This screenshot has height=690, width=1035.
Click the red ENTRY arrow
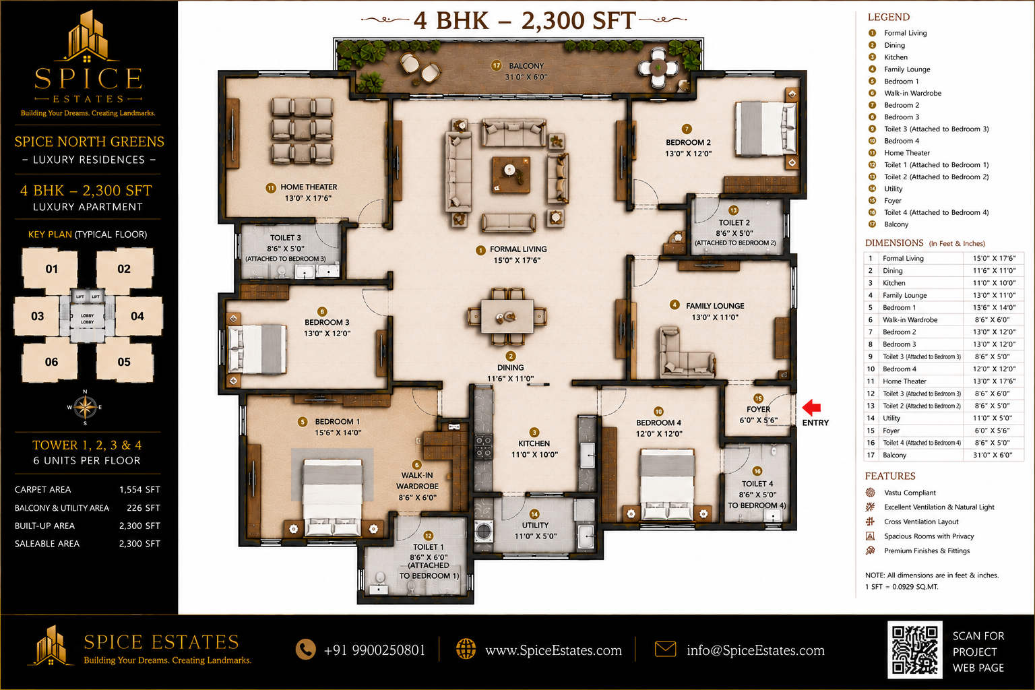tap(811, 407)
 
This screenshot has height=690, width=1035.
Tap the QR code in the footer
tap(914, 650)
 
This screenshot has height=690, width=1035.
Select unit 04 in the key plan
tap(137, 316)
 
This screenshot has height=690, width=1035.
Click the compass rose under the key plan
tap(85, 407)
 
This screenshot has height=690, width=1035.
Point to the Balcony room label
tap(526, 66)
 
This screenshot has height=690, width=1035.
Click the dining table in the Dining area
tap(507, 317)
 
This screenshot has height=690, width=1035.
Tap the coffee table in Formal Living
tap(511, 175)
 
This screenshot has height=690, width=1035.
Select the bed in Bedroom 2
tap(765, 129)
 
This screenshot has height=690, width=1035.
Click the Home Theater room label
tap(309, 187)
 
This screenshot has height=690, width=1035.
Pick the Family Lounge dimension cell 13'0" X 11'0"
tap(995, 295)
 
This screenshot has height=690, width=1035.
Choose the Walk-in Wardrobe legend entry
tap(912, 94)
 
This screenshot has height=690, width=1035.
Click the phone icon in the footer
tap(305, 650)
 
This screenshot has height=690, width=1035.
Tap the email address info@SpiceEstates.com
tap(755, 650)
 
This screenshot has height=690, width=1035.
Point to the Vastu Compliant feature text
tap(910, 493)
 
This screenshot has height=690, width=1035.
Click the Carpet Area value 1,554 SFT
tap(139, 489)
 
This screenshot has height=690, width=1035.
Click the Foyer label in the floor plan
tap(758, 409)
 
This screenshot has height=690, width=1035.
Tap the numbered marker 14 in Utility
tap(534, 514)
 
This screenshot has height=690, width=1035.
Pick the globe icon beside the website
tap(466, 649)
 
